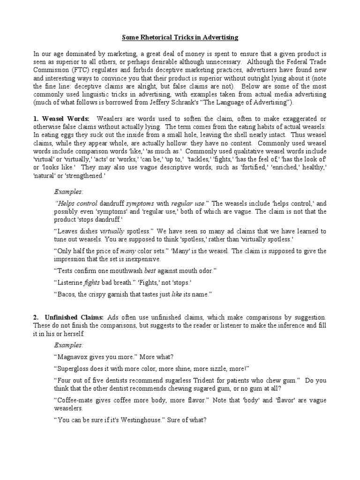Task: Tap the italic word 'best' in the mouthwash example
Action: pyautogui.click(x=165, y=271)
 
